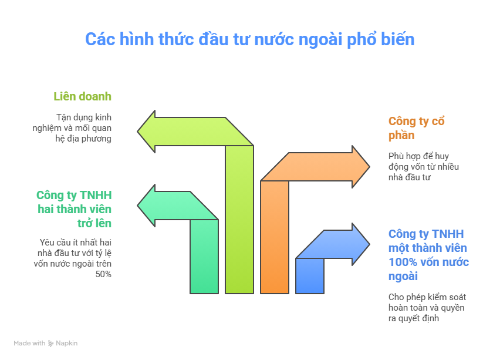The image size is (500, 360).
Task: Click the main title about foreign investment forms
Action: coord(249,39)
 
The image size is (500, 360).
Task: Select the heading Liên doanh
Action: coord(82,96)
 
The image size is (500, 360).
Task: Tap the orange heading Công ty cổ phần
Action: coord(416,128)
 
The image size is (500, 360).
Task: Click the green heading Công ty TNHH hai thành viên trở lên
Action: coord(74,209)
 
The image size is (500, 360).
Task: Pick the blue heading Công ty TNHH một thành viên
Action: coord(428,255)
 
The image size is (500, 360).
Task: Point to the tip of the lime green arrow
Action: coord(137,132)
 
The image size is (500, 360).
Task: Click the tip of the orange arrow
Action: coord(370,167)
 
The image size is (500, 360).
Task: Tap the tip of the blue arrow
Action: coord(370,244)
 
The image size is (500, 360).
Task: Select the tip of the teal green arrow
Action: coord(137,206)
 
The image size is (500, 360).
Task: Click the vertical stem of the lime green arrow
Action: coord(239,220)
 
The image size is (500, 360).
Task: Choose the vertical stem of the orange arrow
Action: coord(275,237)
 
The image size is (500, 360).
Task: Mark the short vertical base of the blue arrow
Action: coord(310,276)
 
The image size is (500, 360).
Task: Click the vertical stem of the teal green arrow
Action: coord(204,257)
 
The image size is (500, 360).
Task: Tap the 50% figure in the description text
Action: coord(103,274)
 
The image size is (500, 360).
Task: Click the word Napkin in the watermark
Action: coord(67,343)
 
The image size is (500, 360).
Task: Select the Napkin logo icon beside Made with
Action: coord(50,344)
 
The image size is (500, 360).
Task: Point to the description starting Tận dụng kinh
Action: coord(72,128)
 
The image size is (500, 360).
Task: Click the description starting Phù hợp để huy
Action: coord(424,167)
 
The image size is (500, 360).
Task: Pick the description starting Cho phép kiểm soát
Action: coord(427,308)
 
